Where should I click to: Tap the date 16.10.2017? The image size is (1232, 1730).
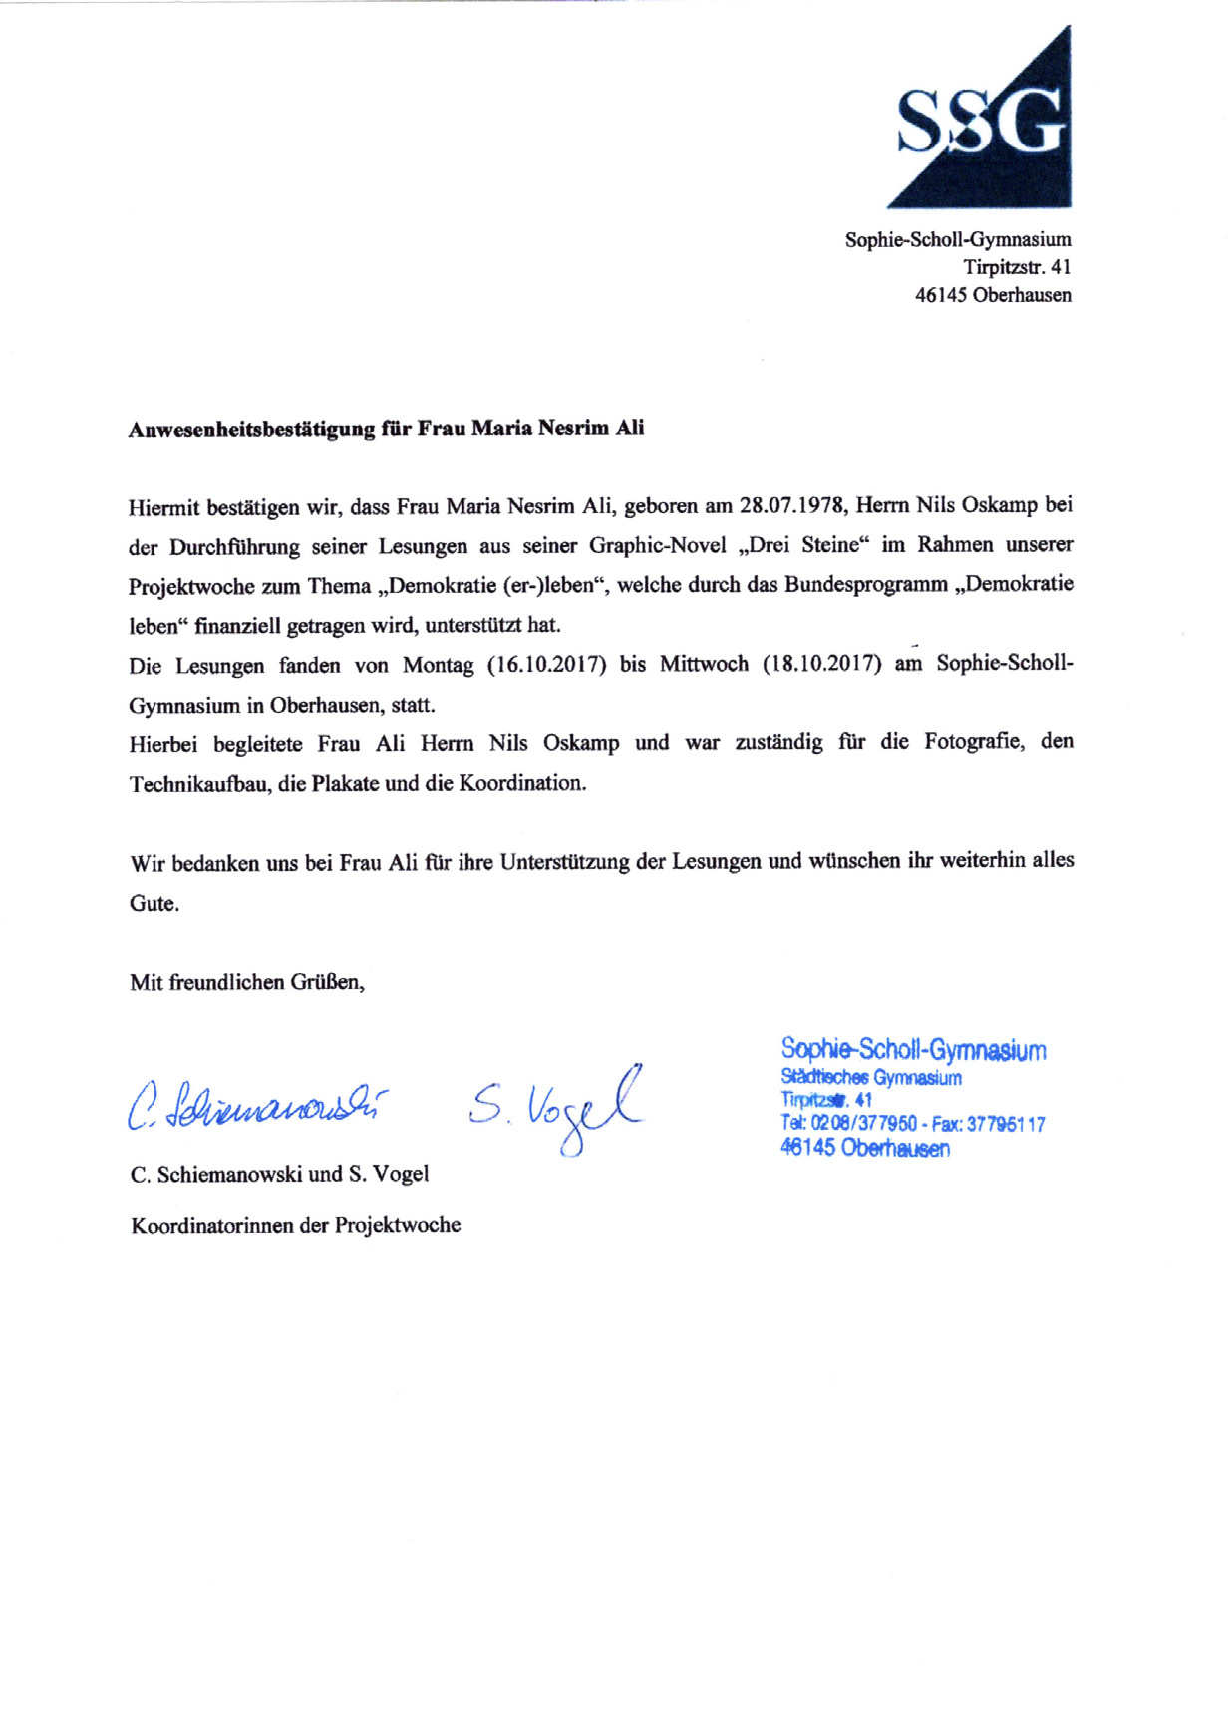[x=546, y=665]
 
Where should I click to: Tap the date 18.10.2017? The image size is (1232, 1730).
[x=821, y=664]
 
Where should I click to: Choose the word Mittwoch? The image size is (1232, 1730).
[x=704, y=664]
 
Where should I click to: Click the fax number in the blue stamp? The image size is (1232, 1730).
[x=1005, y=1124]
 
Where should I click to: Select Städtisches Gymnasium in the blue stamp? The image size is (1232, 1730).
[x=871, y=1078]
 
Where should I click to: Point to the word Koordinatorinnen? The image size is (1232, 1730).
[x=212, y=1225]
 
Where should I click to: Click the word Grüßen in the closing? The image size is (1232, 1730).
[x=327, y=982]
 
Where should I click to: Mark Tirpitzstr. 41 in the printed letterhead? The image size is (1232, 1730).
[x=1017, y=267]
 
